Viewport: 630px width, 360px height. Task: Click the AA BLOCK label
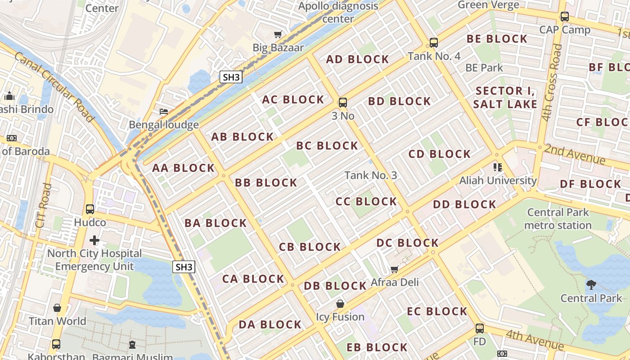tap(183, 168)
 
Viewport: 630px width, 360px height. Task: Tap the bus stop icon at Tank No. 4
tap(434, 43)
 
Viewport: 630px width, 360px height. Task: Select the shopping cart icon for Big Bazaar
tap(278, 35)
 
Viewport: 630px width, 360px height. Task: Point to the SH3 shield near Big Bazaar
tap(231, 77)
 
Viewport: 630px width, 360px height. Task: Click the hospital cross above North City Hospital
tap(94, 240)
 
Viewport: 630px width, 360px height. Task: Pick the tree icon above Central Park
tap(591, 284)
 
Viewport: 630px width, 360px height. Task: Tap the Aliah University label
tap(498, 180)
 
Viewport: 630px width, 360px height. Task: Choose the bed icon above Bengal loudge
tap(164, 112)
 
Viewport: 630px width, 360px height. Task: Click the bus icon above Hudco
tap(90, 209)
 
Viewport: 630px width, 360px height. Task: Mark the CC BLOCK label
tap(366, 202)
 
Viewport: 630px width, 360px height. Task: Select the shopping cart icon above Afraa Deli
tap(395, 269)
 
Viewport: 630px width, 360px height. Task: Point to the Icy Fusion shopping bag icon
tap(340, 304)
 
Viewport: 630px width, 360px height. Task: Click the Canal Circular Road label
tap(54, 87)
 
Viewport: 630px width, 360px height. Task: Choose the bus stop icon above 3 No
tap(343, 102)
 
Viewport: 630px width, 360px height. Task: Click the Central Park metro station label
tap(558, 219)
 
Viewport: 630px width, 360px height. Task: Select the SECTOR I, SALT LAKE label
tap(505, 98)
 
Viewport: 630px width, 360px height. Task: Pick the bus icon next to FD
tap(480, 328)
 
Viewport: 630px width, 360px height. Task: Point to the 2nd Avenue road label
tap(575, 154)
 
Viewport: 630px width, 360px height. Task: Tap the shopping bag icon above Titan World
tap(57, 308)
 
